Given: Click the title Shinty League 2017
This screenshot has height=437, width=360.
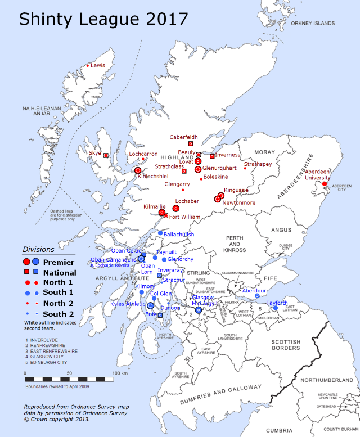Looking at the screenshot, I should coord(103,19).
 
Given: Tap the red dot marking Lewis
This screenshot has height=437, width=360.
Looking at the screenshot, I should coord(88,66).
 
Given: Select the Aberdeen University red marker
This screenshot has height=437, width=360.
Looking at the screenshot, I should coord(325,183).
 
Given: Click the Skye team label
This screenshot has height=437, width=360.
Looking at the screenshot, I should coord(95,152).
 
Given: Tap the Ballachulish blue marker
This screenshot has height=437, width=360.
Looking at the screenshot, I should coord(160,233).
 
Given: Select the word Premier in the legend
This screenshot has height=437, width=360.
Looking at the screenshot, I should coord(58,262).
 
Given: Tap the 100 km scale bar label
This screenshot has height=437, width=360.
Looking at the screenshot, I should coord(119,373).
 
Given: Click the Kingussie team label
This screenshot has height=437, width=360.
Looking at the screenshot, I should coord(236,190).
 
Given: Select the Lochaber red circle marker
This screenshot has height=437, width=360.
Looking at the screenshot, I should coord(176,208).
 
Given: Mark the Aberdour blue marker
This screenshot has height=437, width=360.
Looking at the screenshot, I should coord(258,296).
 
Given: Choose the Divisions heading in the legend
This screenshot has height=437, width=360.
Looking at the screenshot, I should coord(39,249).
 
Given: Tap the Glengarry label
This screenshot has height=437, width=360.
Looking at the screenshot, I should coord(177,184).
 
